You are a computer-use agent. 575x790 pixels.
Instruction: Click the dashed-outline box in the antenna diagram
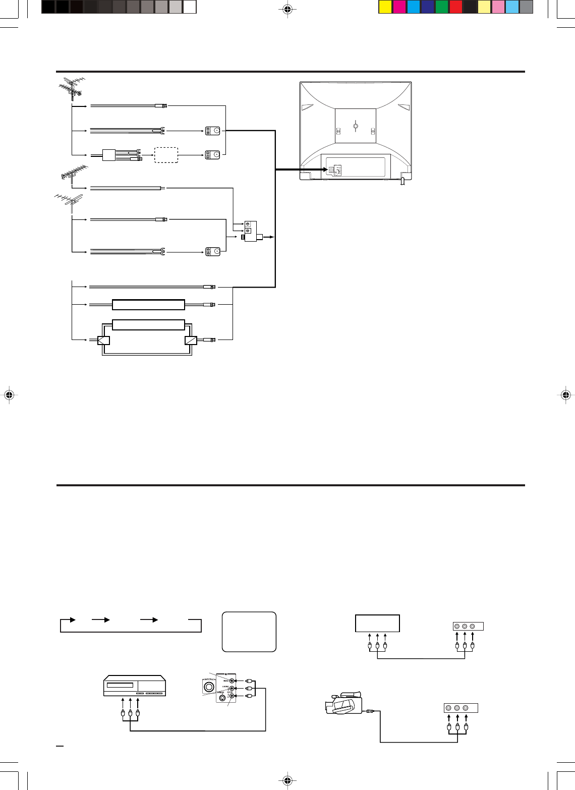click(166, 155)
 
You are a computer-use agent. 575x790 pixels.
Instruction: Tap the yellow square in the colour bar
click(385, 7)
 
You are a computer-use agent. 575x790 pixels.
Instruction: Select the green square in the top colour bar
click(441, 7)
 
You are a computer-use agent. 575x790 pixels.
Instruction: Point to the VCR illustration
click(135, 686)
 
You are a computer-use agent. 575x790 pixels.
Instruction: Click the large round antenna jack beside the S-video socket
click(207, 687)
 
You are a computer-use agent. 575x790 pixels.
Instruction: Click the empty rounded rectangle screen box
click(249, 632)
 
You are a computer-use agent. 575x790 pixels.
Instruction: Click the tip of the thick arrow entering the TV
click(327, 170)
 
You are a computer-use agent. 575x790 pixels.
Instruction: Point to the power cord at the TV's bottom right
click(402, 181)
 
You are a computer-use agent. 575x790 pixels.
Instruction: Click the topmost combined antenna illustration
click(70, 88)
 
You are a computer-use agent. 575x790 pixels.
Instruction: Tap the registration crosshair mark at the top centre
click(287, 9)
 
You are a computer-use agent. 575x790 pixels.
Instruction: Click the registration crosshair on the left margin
click(9, 395)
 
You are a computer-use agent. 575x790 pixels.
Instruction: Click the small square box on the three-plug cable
click(109, 155)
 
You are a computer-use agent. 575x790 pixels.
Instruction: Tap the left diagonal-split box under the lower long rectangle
click(103, 340)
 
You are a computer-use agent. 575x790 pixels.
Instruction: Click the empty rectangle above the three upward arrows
click(377, 623)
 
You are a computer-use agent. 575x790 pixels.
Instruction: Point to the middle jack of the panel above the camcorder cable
click(457, 708)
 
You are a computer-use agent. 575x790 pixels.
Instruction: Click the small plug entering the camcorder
click(369, 711)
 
